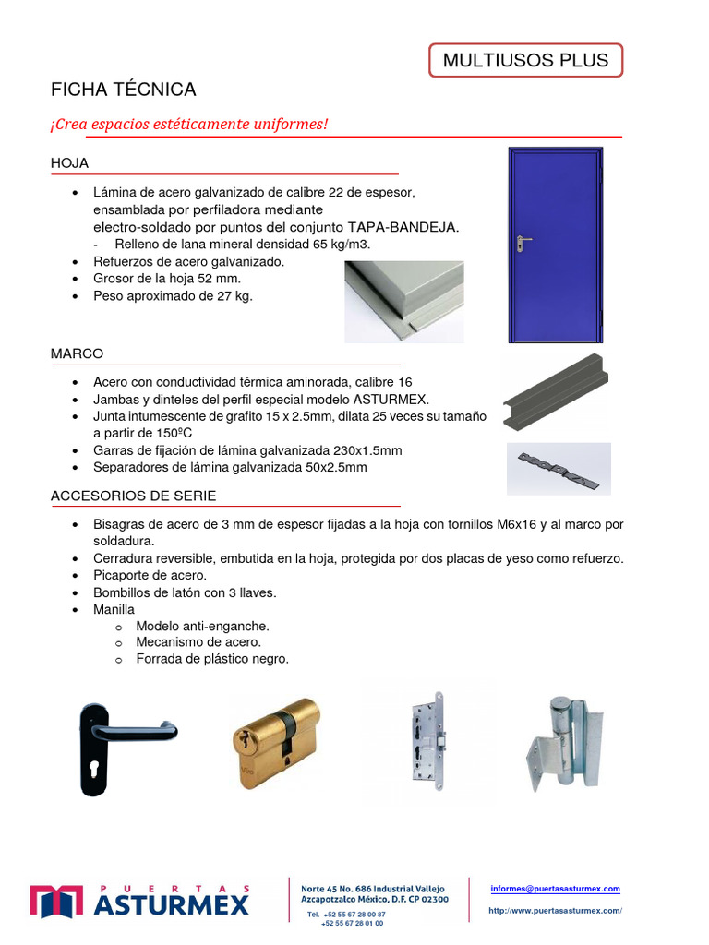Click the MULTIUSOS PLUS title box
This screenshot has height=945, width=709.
(525, 61)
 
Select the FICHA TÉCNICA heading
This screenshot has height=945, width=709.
(124, 90)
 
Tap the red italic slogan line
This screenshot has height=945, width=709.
(189, 124)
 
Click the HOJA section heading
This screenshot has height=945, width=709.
(69, 163)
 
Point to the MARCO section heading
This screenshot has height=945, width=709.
(77, 353)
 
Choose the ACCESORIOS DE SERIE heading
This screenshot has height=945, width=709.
(133, 496)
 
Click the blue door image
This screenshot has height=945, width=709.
(556, 245)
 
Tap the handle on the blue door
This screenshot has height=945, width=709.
(523, 243)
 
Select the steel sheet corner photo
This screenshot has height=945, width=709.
(403, 301)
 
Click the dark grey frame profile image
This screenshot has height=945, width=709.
(554, 390)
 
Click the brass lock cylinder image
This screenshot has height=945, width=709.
(276, 743)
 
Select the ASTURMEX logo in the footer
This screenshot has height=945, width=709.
(139, 900)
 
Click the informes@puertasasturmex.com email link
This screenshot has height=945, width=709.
(555, 889)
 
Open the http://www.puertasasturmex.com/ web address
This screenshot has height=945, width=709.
(555, 911)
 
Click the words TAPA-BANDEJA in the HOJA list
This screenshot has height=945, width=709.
(403, 226)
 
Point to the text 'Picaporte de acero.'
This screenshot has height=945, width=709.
(150, 575)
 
